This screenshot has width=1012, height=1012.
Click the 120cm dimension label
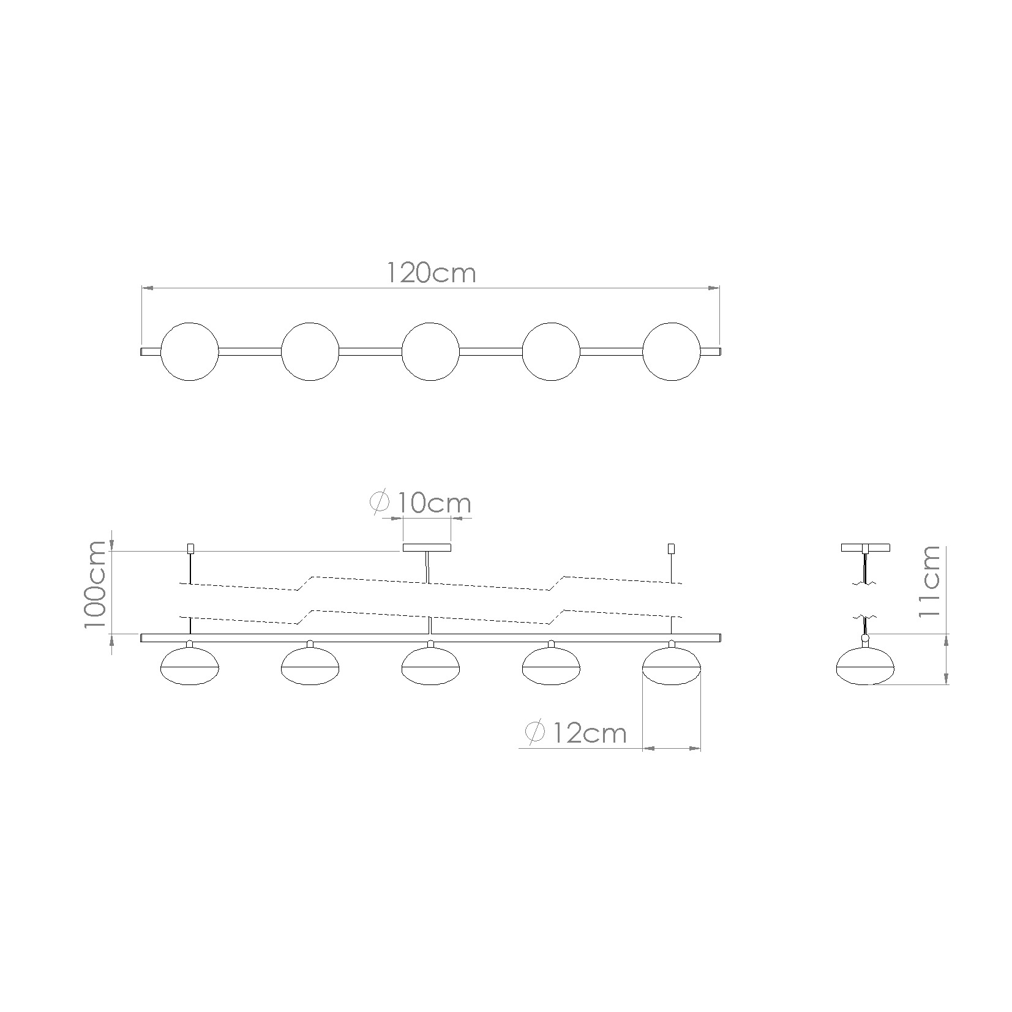431,273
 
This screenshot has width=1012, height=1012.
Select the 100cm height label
96,584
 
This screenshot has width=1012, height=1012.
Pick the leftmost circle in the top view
189,351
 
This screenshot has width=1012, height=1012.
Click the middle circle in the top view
430,351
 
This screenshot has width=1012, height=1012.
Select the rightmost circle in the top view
672,351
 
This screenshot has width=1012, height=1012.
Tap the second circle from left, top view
310,351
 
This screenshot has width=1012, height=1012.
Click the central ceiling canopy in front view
427,547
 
